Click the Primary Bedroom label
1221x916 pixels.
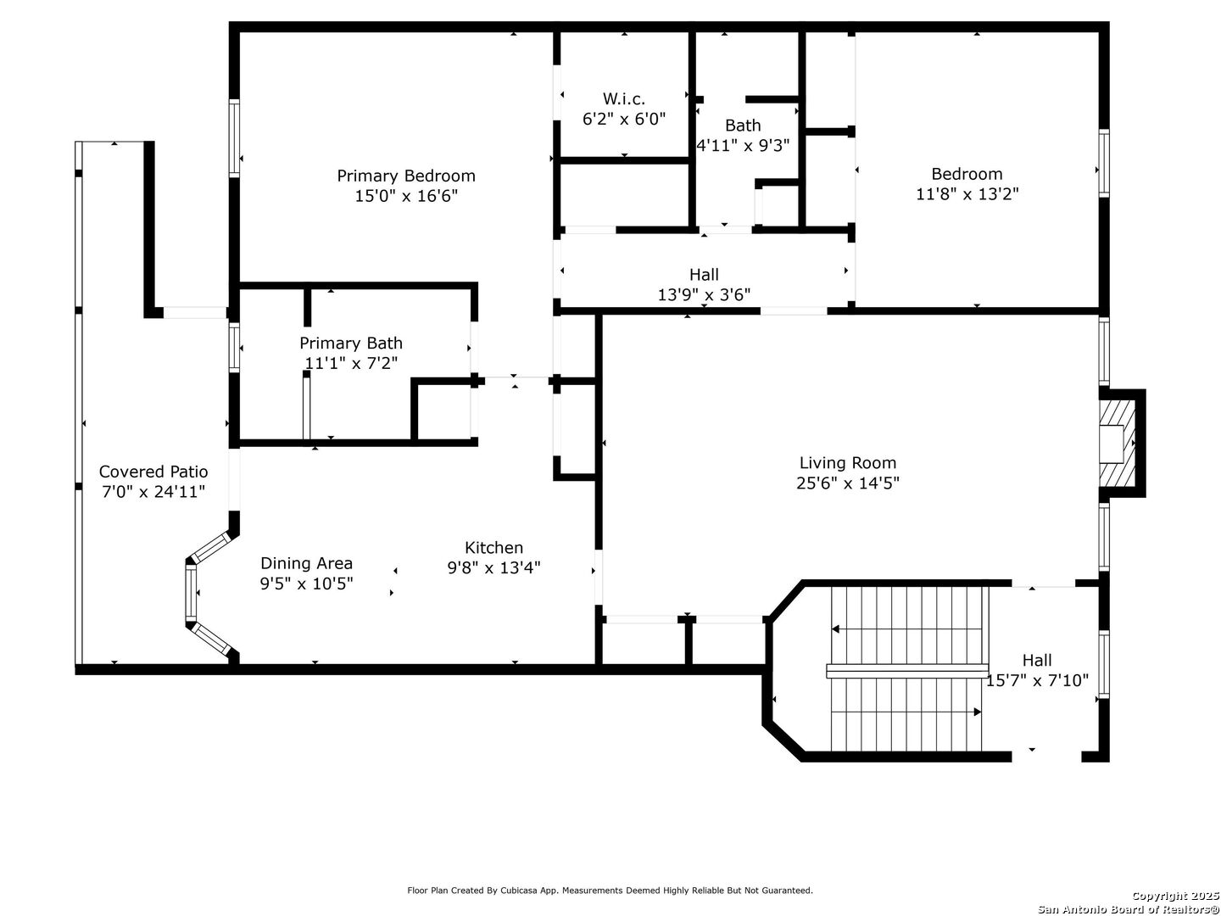pyautogui.click(x=405, y=176)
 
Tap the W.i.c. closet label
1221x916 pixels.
pyautogui.click(x=623, y=99)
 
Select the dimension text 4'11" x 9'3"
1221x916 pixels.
pyautogui.click(x=743, y=146)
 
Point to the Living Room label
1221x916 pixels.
pyautogui.click(x=847, y=463)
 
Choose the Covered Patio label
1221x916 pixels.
pyautogui.click(x=153, y=472)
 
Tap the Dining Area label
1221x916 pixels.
pyautogui.click(x=306, y=563)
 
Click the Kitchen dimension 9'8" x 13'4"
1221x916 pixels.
pyautogui.click(x=494, y=568)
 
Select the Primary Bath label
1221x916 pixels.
pyautogui.click(x=351, y=343)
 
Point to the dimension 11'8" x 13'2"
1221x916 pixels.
pyautogui.click(x=967, y=194)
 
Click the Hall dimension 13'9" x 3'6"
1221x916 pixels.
pyautogui.click(x=704, y=295)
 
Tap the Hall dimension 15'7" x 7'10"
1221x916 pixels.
pyautogui.click(x=1037, y=680)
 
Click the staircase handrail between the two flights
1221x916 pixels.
pyautogui.click(x=906, y=671)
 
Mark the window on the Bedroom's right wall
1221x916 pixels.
pyautogui.click(x=1104, y=163)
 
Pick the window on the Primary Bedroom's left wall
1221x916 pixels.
pyautogui.click(x=234, y=138)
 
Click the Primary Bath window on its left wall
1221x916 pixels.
pyautogui.click(x=234, y=348)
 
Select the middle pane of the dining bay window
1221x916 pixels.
pyautogui.click(x=191, y=592)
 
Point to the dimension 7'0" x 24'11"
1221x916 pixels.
pyautogui.click(x=153, y=492)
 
